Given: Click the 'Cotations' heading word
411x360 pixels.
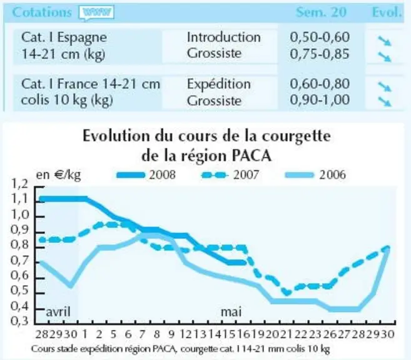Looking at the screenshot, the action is (x=42, y=12).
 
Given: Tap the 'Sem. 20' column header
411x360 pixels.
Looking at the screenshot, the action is (x=321, y=12).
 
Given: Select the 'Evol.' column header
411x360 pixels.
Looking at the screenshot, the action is (x=387, y=12).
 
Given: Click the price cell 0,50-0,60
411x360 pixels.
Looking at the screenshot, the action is (x=320, y=37).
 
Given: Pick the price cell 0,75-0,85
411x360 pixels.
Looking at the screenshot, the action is (x=320, y=54).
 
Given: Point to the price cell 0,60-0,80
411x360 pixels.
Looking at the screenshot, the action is (x=320, y=84).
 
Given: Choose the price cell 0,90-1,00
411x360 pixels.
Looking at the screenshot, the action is (x=320, y=100).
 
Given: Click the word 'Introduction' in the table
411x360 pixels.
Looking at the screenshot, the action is (x=223, y=37).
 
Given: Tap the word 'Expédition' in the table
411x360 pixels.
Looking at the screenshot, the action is (x=218, y=84).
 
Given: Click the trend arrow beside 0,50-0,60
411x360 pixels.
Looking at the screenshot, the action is (x=385, y=41).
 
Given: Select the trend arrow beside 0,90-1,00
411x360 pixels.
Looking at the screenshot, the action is (x=385, y=101).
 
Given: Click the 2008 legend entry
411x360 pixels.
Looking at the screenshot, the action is (x=146, y=175).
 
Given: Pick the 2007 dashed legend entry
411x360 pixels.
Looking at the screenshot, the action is (x=230, y=175).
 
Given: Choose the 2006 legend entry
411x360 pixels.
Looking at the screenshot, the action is (x=315, y=175).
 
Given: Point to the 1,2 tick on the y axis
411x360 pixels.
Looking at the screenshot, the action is (x=19, y=184).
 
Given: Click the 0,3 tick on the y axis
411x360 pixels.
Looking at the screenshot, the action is (x=19, y=321).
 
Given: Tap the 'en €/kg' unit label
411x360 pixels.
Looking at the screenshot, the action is (x=58, y=175).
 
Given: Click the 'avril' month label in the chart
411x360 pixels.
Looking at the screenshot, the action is (x=58, y=312).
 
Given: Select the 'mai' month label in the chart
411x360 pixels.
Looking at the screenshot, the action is (x=231, y=312).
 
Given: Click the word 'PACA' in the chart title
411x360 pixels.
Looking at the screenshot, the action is (x=251, y=156).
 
